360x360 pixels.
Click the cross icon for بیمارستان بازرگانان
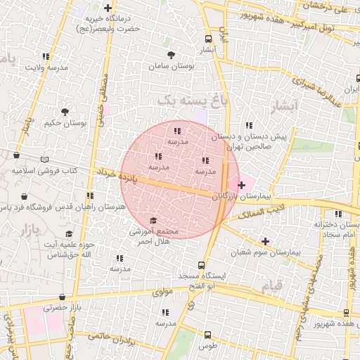click(x=242, y=185)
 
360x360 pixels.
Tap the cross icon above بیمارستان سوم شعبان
click(x=264, y=240)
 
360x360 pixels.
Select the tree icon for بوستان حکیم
click(x=65, y=112)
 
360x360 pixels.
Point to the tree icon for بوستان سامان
click(x=170, y=55)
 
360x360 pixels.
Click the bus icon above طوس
click(x=207, y=335)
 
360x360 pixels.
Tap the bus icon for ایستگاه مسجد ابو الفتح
click(x=202, y=266)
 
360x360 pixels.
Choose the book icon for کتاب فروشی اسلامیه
click(x=45, y=160)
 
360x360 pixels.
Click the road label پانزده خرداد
click(x=115, y=173)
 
